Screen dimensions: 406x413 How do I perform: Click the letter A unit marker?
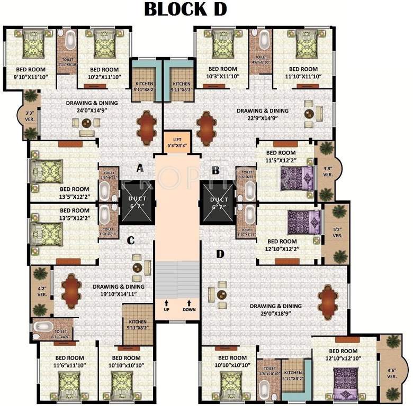(140, 169)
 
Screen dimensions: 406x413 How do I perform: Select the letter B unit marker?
(216, 170)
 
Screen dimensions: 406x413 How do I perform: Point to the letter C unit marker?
(131, 241)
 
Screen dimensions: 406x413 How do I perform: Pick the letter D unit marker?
(220, 254)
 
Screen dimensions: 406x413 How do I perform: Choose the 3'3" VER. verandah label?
(30, 115)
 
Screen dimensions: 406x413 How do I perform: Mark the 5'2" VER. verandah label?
(337, 233)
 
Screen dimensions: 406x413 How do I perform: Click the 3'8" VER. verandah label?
(328, 171)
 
